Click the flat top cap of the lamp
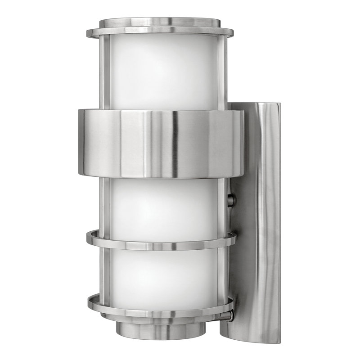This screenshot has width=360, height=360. point(160,22)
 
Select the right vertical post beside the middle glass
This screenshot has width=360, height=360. point(221,205)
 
